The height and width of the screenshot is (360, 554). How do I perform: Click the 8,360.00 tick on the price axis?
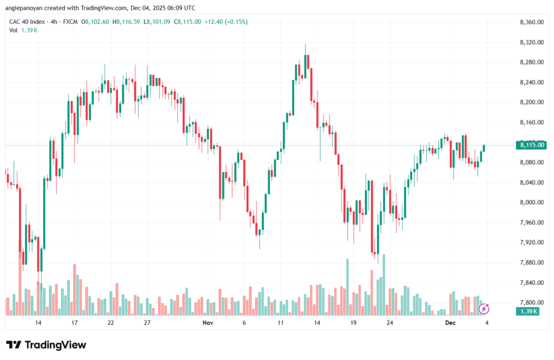pos(531,22)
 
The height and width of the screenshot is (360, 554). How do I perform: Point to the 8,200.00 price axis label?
pos(531,102)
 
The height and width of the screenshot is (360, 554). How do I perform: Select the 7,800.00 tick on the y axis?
pos(531,303)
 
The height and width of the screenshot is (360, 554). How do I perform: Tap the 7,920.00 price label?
pos(531,243)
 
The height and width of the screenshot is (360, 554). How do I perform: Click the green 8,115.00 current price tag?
pos(531,145)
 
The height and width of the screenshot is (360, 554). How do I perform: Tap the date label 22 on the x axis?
pos(110,322)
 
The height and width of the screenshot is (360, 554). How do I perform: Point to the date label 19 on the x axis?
pos(353,322)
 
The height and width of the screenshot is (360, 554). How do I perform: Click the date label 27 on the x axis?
pos(147,322)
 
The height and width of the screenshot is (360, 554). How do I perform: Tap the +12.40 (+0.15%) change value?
pos(223,22)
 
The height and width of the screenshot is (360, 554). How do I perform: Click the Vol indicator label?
pos(14,30)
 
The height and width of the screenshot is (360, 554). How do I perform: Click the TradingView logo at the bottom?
pos(46,345)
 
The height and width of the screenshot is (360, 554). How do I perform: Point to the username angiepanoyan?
pos(25,8)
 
